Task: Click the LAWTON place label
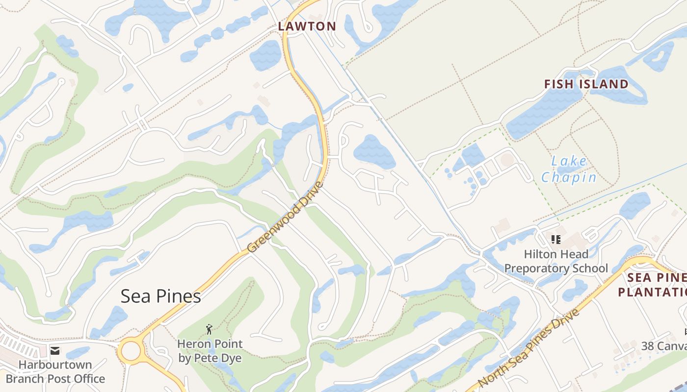pos(307,26)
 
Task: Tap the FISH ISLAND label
pos(586,84)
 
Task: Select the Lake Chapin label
pos(569,169)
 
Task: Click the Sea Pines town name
pos(161,296)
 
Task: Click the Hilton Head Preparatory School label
pos(556,261)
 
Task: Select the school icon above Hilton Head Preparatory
pos(556,240)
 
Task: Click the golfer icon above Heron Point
pos(209,329)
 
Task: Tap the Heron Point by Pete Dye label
pos(210,351)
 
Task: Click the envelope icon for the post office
pos(54,351)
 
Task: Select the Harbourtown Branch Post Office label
pos(55,372)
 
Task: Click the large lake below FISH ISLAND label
pos(545,110)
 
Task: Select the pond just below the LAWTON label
pos(266,55)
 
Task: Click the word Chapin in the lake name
pos(569,177)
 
